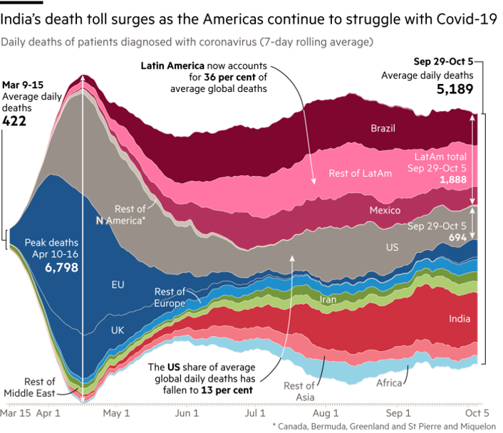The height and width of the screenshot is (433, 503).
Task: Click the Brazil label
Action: pos(383,129)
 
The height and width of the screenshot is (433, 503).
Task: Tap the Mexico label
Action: pos(385,211)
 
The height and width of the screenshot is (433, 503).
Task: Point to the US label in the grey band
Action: pos(392,247)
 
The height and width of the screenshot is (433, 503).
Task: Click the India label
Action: pos(459,319)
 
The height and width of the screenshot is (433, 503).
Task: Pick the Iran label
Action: pos(328,301)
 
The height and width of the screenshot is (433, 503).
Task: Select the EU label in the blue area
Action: pos(118,285)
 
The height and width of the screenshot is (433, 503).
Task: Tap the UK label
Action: pos(118,330)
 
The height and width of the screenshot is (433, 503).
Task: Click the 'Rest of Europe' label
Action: pos(170,297)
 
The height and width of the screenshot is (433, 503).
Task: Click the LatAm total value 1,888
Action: pos(452,180)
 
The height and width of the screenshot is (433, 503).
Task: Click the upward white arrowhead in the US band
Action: pos(291,256)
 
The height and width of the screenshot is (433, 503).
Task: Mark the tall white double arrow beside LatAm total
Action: pos(471,160)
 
